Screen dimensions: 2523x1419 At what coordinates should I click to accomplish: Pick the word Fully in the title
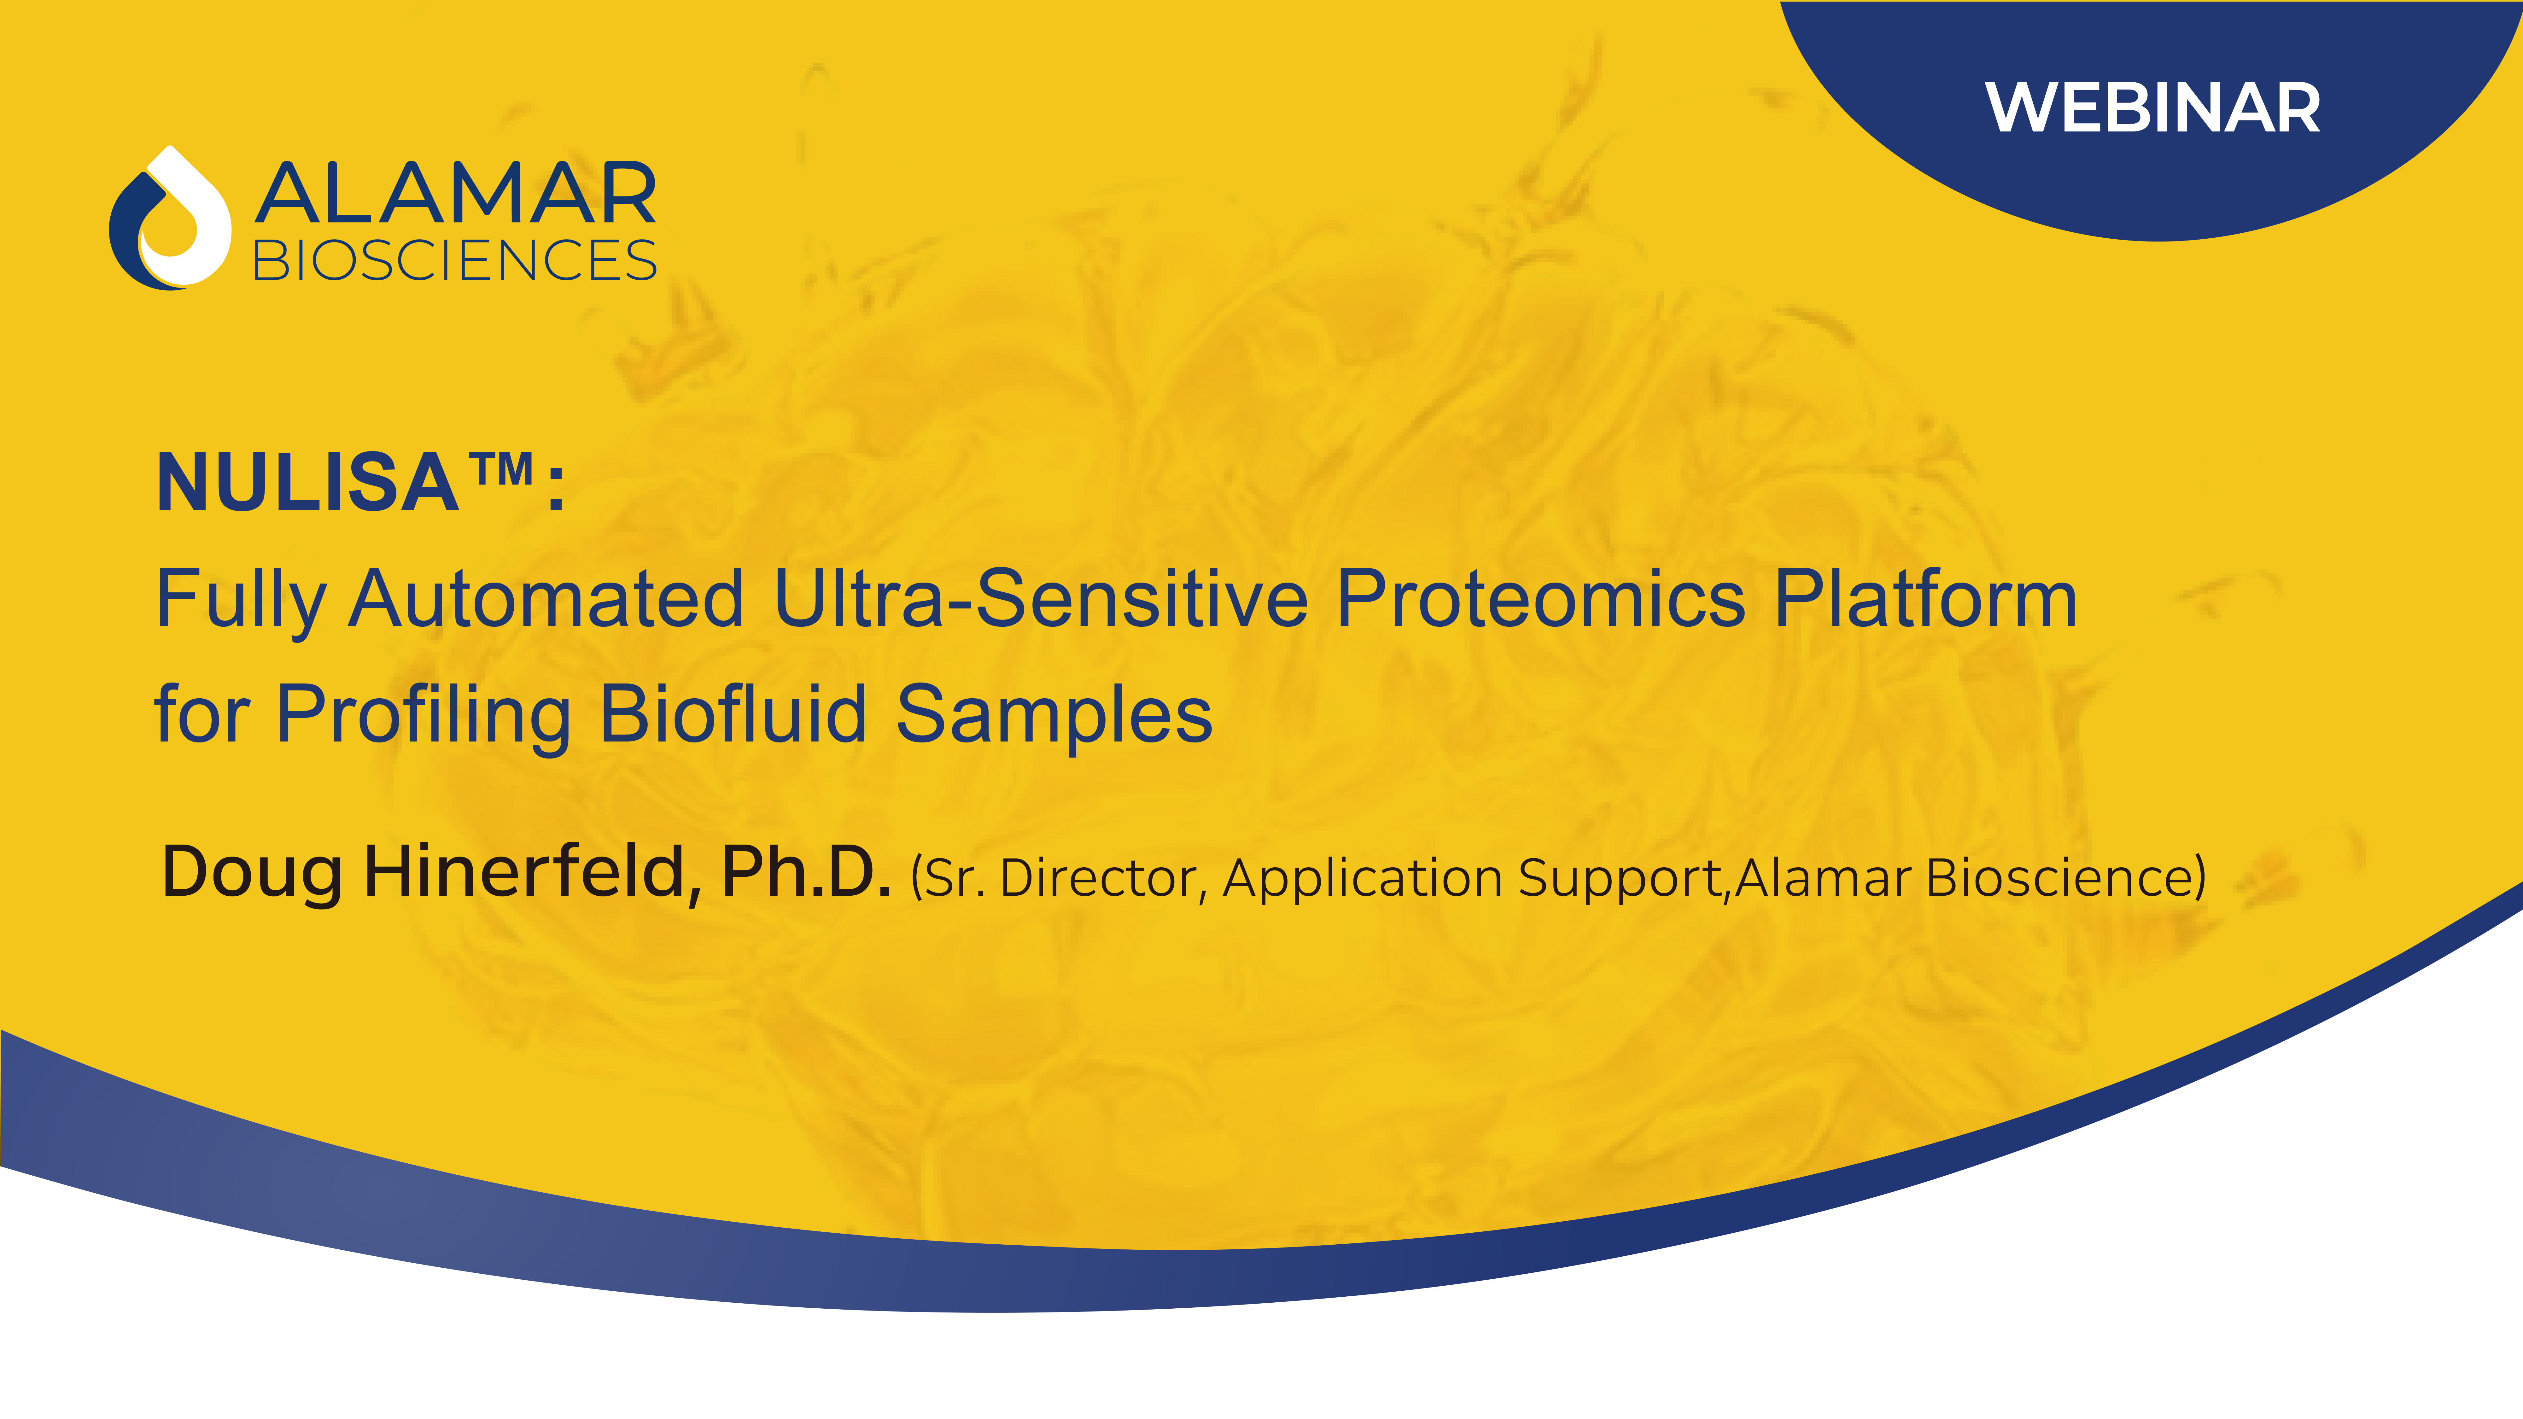[x=240, y=599]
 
